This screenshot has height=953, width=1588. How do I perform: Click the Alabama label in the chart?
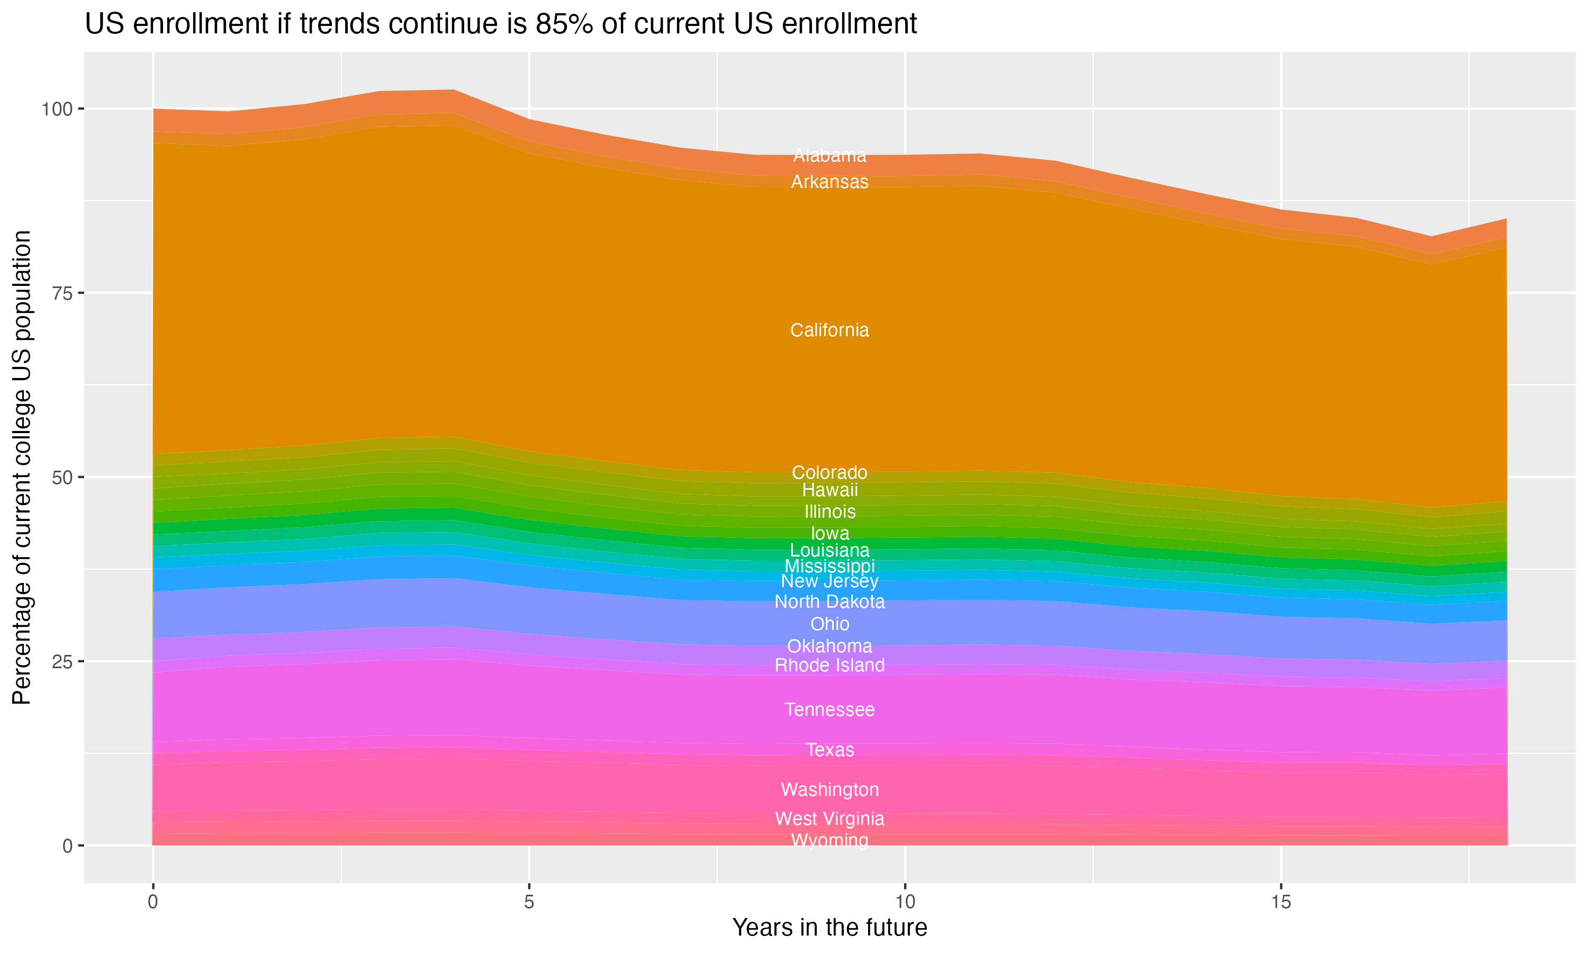(x=829, y=156)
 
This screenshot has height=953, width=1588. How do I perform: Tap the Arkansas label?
(x=829, y=182)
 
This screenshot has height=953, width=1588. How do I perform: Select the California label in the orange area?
(x=829, y=330)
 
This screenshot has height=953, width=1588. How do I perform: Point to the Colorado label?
(x=829, y=473)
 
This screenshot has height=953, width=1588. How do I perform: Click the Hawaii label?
(x=829, y=490)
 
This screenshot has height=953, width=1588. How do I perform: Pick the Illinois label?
(x=829, y=512)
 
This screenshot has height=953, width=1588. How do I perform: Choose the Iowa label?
(x=829, y=534)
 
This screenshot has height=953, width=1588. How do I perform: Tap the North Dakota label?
(x=829, y=602)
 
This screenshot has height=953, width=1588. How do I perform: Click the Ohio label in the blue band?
(x=829, y=624)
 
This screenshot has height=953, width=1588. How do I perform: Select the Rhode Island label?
(x=829, y=666)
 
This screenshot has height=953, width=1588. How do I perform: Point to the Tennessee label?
(x=829, y=709)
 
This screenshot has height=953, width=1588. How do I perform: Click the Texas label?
(x=829, y=750)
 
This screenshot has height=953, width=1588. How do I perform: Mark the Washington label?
(x=829, y=789)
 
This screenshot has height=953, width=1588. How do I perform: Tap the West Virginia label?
(x=829, y=819)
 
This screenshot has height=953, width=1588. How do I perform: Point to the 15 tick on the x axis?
(x=1280, y=902)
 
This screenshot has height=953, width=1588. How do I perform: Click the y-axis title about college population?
(x=22, y=467)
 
